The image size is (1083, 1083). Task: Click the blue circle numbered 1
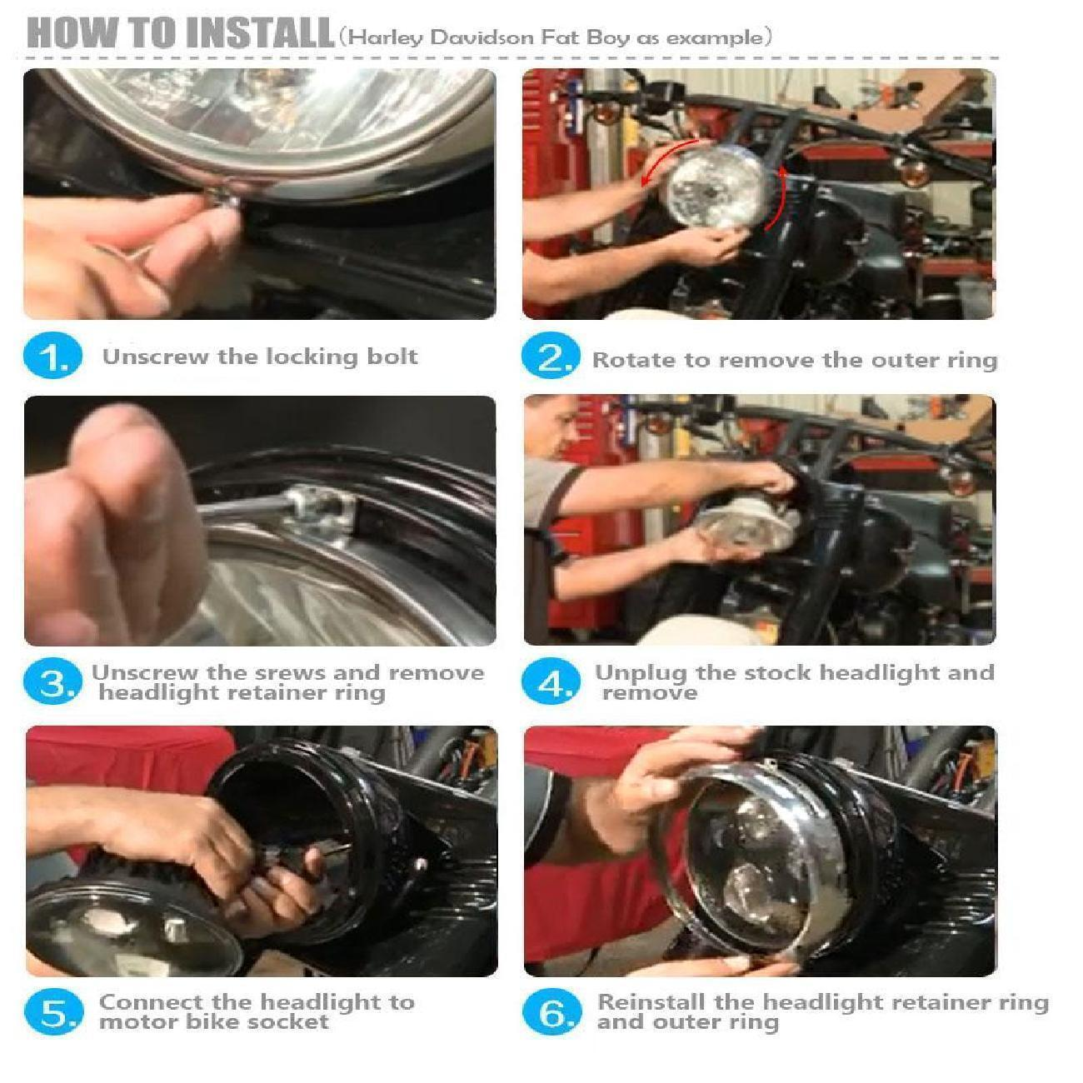(52, 355)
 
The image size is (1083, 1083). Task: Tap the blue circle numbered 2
(550, 355)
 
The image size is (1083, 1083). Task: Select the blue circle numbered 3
(52, 681)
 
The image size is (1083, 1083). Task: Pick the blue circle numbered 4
(550, 681)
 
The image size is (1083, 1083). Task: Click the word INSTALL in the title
(260, 33)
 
